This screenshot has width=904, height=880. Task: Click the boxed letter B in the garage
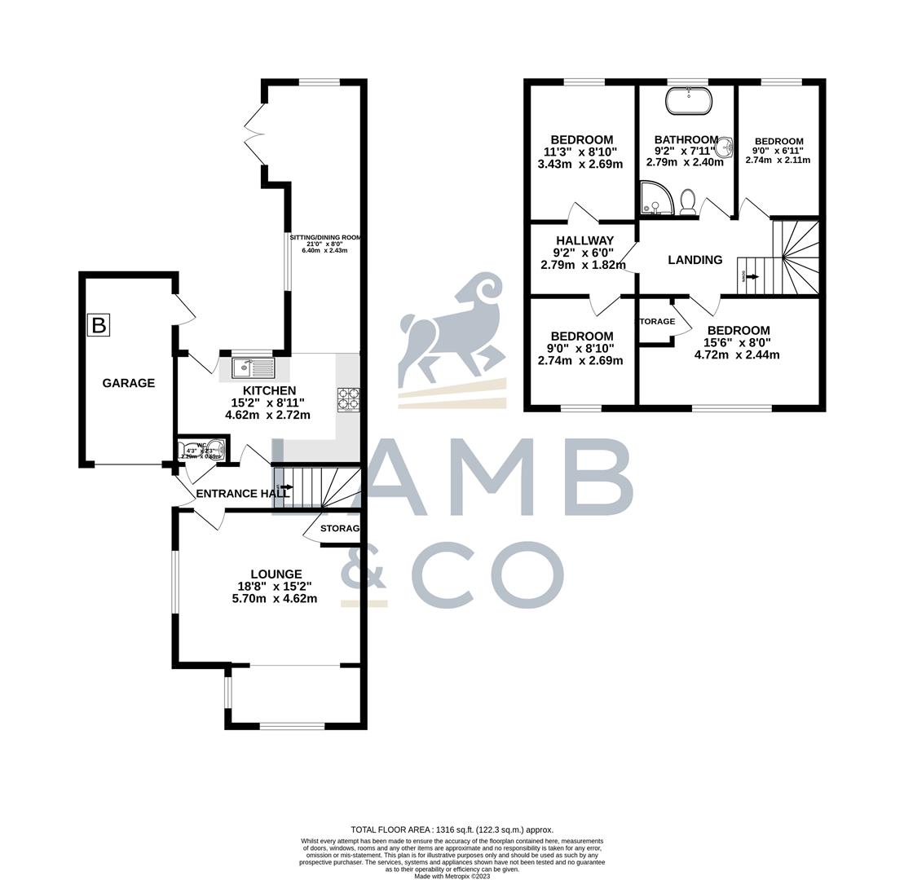click(99, 325)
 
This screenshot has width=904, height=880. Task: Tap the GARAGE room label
click(128, 383)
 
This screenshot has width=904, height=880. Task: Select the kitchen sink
click(254, 368)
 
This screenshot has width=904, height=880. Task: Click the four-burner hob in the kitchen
click(348, 400)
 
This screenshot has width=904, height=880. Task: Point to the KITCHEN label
click(268, 391)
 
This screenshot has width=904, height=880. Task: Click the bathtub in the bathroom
click(689, 101)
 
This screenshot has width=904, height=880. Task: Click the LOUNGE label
click(276, 574)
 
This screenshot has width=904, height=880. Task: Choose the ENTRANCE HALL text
click(242, 494)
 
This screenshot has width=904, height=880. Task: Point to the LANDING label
click(695, 260)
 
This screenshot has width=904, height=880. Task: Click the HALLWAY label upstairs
click(584, 240)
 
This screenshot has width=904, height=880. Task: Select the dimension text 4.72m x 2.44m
click(737, 354)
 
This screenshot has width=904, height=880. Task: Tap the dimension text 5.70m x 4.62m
click(274, 598)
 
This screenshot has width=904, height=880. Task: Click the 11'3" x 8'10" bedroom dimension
click(580, 152)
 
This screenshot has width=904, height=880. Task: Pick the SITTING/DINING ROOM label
click(324, 238)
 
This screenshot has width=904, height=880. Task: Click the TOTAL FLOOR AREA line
click(452, 829)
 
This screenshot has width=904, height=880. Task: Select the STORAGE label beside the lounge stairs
click(340, 529)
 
